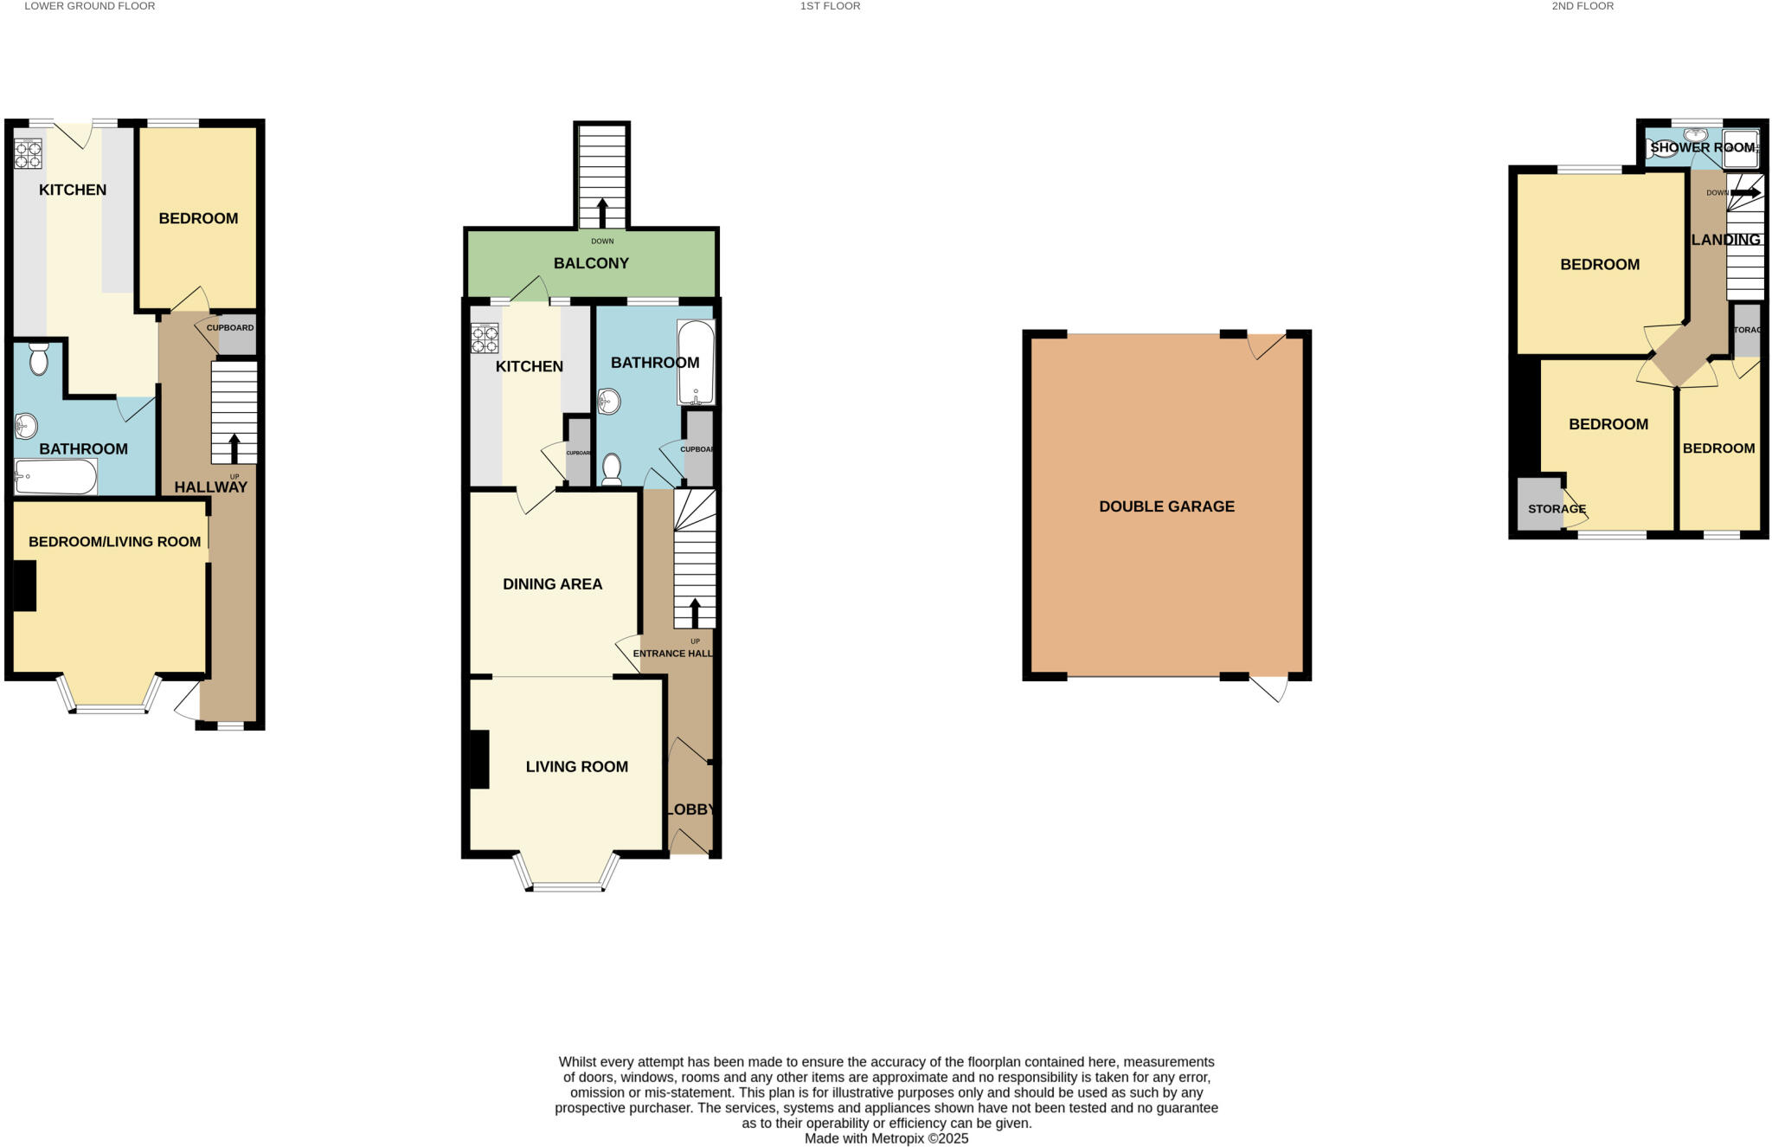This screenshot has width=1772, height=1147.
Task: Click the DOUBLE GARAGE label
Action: pos(1166,506)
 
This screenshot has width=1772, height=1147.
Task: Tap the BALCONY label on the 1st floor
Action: pos(591,263)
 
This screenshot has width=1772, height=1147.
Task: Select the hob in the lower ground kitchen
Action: pos(28,154)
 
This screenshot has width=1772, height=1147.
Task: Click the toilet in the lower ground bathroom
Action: pos(38,358)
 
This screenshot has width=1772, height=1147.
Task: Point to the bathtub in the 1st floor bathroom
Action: pos(696,362)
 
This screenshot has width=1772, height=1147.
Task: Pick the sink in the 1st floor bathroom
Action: pos(608,401)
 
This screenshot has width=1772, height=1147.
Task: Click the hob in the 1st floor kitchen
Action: pos(485,338)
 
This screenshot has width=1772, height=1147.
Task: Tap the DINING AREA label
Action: pos(552,584)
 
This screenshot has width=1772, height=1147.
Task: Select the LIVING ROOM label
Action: pos(576,767)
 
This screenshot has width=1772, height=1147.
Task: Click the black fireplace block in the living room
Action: pos(479,759)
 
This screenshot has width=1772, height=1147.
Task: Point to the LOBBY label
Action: pos(690,810)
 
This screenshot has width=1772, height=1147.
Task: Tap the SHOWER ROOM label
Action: pos(1702,148)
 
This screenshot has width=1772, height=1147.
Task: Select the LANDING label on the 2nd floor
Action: pos(1725,240)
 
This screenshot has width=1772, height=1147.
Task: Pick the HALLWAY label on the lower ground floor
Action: pos(211,487)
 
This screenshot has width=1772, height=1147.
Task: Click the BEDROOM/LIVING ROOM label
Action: pos(114,542)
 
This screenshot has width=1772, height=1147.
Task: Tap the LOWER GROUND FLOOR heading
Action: pos(90,6)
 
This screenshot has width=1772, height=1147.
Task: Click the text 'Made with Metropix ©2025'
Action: pos(886,1139)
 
